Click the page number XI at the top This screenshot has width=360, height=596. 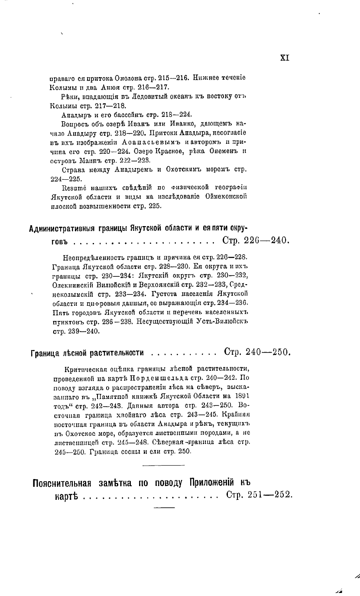tap(285, 58)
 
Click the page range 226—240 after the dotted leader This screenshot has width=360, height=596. tap(265, 240)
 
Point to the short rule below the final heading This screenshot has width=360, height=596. tap(164, 507)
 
